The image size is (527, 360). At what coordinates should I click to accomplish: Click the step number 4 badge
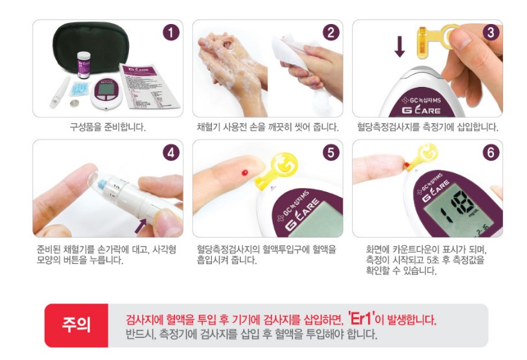[x=170, y=153]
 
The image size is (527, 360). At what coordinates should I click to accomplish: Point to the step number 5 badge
[x=331, y=153]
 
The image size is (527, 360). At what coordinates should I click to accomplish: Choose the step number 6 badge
[x=490, y=153]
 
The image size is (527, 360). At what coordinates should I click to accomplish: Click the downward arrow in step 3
[x=399, y=46]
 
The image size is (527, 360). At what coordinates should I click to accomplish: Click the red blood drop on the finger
[x=244, y=173]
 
